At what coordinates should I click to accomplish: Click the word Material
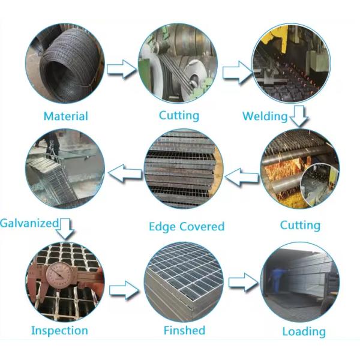click(65, 116)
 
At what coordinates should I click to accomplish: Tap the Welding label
click(265, 116)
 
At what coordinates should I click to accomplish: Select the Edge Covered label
click(186, 227)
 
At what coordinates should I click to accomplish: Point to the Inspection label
click(59, 331)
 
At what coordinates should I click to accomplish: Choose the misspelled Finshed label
click(184, 331)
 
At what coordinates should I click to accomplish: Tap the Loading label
click(304, 331)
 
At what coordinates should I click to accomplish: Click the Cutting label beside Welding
click(179, 115)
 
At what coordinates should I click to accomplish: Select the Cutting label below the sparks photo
click(300, 226)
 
